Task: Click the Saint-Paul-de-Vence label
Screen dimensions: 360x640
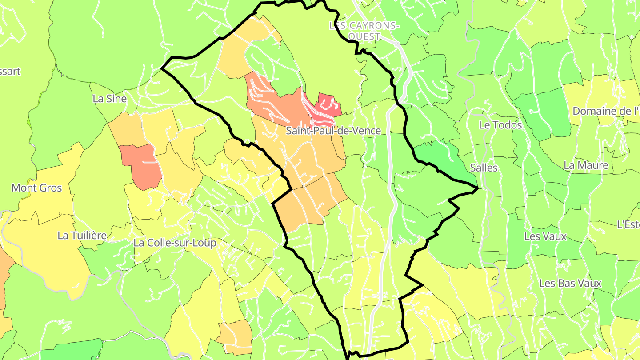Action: point(333,131)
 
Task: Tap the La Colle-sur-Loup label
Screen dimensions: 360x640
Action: point(175,243)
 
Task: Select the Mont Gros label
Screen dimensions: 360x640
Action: point(36,188)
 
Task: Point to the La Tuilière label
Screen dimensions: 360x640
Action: point(82,236)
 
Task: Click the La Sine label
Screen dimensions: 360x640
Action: point(110,99)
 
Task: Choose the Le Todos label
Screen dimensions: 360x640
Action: point(500,125)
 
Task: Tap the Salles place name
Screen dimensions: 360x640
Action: point(484,168)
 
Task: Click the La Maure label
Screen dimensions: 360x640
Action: point(586,165)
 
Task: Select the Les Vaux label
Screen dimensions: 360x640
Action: point(545,236)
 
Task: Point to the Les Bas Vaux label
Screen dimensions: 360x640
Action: point(570,283)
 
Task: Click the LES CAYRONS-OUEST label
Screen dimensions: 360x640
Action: point(364,31)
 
